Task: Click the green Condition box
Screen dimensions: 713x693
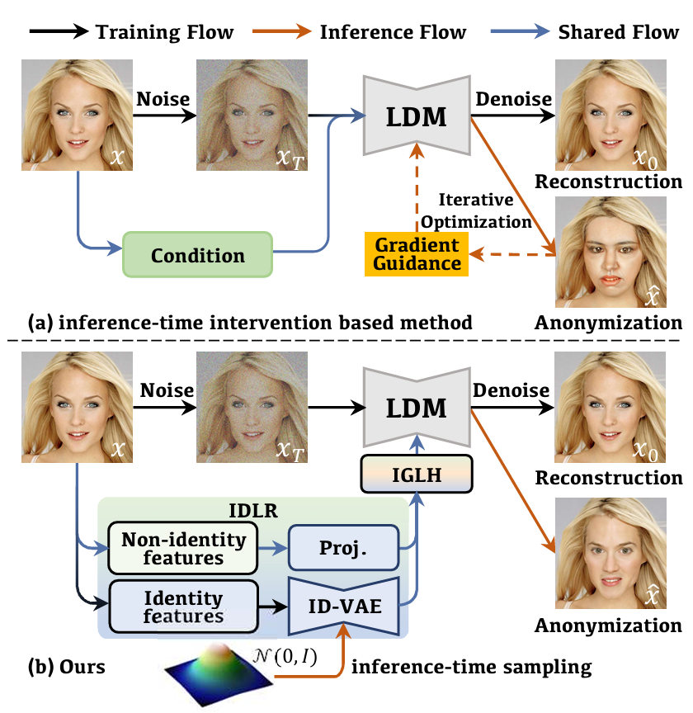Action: pyautogui.click(x=197, y=255)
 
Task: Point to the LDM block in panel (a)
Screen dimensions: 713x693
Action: pyautogui.click(x=417, y=116)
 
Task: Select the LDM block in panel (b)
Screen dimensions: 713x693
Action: pyautogui.click(x=417, y=408)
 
